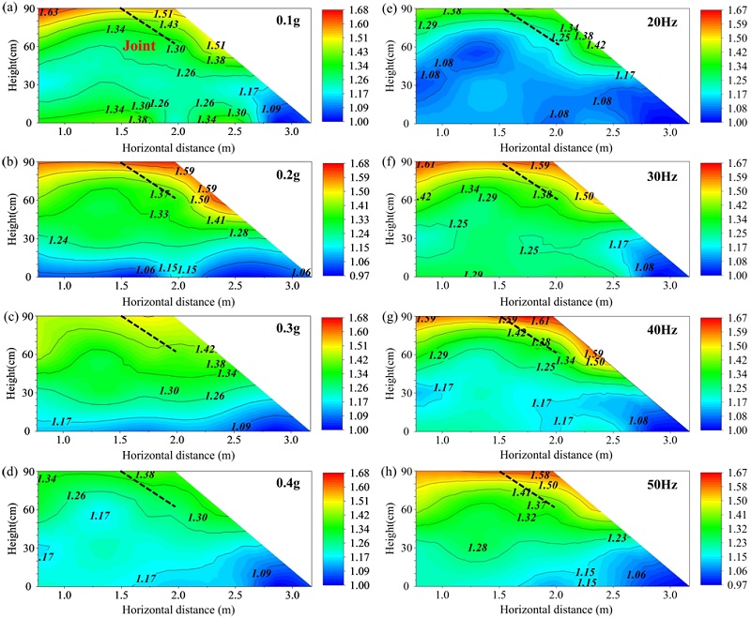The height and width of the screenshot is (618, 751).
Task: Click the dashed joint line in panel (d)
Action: point(149,488)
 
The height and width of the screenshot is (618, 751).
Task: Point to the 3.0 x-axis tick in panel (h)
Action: point(651,594)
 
